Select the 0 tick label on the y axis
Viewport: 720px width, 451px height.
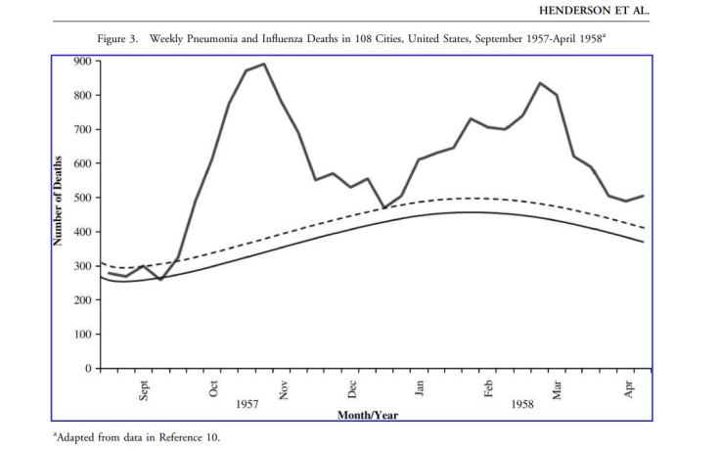pyautogui.click(x=87, y=369)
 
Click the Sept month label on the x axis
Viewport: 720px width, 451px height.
pyautogui.click(x=145, y=389)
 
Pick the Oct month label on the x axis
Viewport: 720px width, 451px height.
pyautogui.click(x=214, y=388)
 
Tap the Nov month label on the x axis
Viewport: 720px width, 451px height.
pyautogui.click(x=284, y=388)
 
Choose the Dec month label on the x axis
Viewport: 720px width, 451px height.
pyautogui.click(x=352, y=388)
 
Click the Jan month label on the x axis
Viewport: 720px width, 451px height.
pyautogui.click(x=420, y=388)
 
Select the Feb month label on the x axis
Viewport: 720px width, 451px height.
pyautogui.click(x=488, y=388)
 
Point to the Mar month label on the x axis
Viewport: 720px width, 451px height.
pyautogui.click(x=558, y=388)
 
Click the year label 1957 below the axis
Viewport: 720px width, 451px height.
pyautogui.click(x=248, y=403)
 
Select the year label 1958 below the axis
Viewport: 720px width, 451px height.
pyautogui.click(x=522, y=403)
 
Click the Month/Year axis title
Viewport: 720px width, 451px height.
pyautogui.click(x=368, y=415)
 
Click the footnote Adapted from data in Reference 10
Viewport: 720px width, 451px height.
pyautogui.click(x=138, y=437)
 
